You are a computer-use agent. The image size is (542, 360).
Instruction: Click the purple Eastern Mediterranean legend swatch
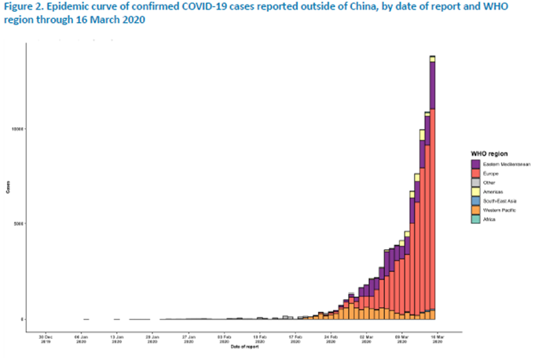click(x=475, y=164)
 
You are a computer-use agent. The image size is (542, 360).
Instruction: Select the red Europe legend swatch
click(x=475, y=174)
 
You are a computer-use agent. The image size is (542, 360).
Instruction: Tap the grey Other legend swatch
click(x=475, y=183)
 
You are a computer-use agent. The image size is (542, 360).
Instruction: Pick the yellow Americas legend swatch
click(x=475, y=193)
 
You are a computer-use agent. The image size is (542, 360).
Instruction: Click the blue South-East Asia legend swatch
click(x=475, y=201)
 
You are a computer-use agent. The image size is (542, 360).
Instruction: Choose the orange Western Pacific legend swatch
click(x=475, y=211)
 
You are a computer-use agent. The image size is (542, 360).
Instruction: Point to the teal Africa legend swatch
click(x=475, y=220)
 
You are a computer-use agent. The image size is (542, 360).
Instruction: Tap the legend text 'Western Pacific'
click(x=497, y=211)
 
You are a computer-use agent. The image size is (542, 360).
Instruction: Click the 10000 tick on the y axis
click(x=19, y=128)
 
